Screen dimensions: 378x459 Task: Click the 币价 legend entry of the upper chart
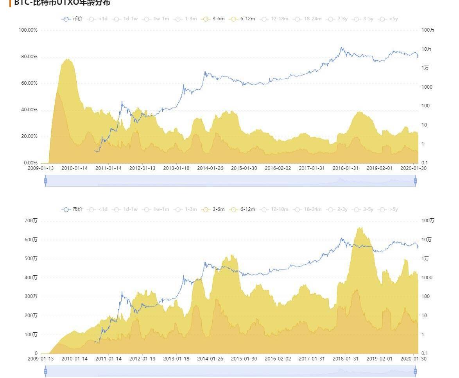coord(72,19)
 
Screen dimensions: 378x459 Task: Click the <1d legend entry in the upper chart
coord(98,19)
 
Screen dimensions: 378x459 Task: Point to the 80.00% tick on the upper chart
coord(28,57)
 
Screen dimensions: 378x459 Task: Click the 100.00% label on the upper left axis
coord(28,30)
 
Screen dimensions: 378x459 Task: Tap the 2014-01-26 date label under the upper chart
coord(210,168)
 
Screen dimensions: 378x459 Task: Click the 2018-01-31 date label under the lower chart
coord(346,359)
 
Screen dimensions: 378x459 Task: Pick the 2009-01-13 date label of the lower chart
coord(41,359)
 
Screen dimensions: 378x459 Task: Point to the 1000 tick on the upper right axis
coord(427,87)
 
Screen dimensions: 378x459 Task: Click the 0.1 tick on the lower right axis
coord(425,353)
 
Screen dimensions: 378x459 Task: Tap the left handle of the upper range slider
coord(45,180)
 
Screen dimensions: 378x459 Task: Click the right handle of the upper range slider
coord(415,180)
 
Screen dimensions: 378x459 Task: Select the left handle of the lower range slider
coord(45,371)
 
